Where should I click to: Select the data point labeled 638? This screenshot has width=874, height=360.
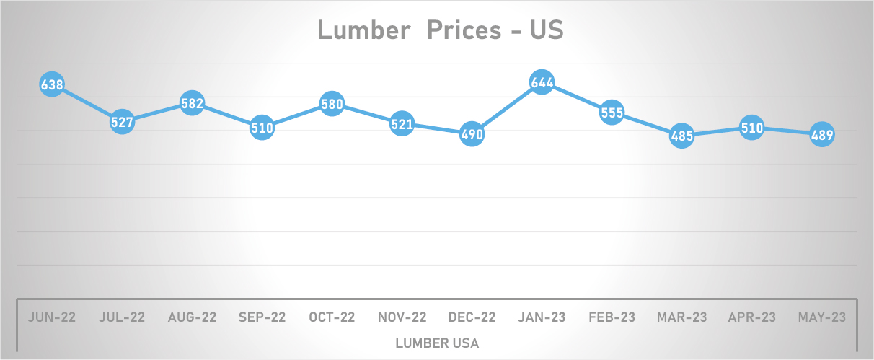point(52,85)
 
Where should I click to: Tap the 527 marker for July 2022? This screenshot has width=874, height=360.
point(122,123)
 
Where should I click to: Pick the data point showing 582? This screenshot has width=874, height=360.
point(192,104)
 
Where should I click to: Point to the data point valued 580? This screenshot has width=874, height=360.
point(332,105)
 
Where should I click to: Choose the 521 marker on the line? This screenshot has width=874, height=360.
point(402,124)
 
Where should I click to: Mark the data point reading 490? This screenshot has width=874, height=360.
point(472,135)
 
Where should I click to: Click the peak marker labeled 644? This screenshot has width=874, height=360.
point(542,83)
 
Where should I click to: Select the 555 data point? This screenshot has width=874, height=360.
point(612,113)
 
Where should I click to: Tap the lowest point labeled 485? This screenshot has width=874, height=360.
point(681,136)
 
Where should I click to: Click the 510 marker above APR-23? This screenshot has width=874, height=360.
point(751,128)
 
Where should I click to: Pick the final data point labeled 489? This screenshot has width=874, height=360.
point(822,135)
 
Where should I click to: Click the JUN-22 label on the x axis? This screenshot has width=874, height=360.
point(52,317)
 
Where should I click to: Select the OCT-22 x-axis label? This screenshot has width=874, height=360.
point(332,317)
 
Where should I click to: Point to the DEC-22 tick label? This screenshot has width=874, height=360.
point(472,317)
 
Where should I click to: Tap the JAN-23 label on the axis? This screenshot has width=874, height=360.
point(542,317)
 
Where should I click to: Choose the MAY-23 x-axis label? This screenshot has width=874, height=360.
point(822,317)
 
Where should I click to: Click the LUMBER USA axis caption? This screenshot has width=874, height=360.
point(437,343)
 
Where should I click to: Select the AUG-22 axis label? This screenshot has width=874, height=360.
point(192,317)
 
